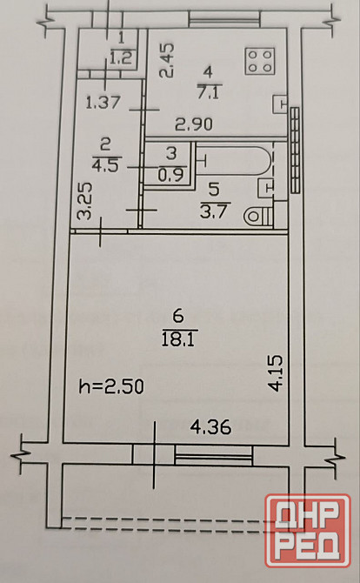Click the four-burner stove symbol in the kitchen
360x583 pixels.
click(x=260, y=61)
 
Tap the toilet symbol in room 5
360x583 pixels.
click(x=258, y=216)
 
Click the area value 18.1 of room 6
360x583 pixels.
click(x=178, y=339)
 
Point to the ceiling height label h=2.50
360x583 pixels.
click(x=111, y=386)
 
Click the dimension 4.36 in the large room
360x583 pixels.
click(x=210, y=427)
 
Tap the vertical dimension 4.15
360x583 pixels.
click(x=276, y=373)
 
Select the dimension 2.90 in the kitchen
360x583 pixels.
click(x=194, y=124)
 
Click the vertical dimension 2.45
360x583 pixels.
click(x=166, y=61)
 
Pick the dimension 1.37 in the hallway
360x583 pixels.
click(x=103, y=103)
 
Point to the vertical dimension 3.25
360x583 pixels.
click(x=84, y=201)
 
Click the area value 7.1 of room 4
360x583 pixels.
click(x=210, y=92)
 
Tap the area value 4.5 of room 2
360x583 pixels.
click(x=105, y=165)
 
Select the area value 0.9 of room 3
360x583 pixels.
click(x=171, y=175)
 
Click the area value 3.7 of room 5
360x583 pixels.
click(x=213, y=211)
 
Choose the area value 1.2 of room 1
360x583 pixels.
click(x=122, y=57)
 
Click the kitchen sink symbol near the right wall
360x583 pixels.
click(x=280, y=104)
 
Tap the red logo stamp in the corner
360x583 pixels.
click(x=308, y=531)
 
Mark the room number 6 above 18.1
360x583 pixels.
click(x=178, y=316)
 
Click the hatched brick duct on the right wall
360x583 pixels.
click(x=295, y=151)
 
